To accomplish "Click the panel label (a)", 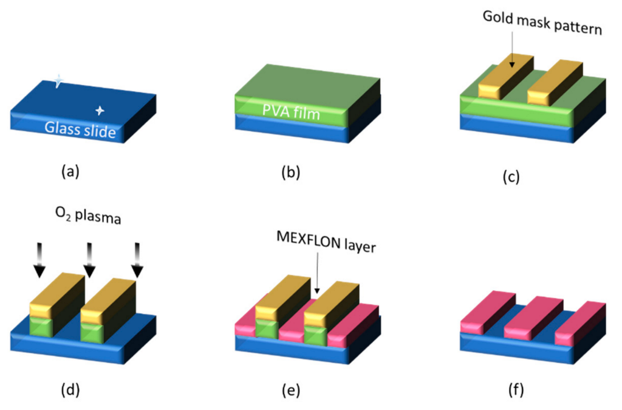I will pos(70,172).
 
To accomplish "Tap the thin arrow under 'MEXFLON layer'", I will pos(316,279).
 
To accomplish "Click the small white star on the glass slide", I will pos(100,111).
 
